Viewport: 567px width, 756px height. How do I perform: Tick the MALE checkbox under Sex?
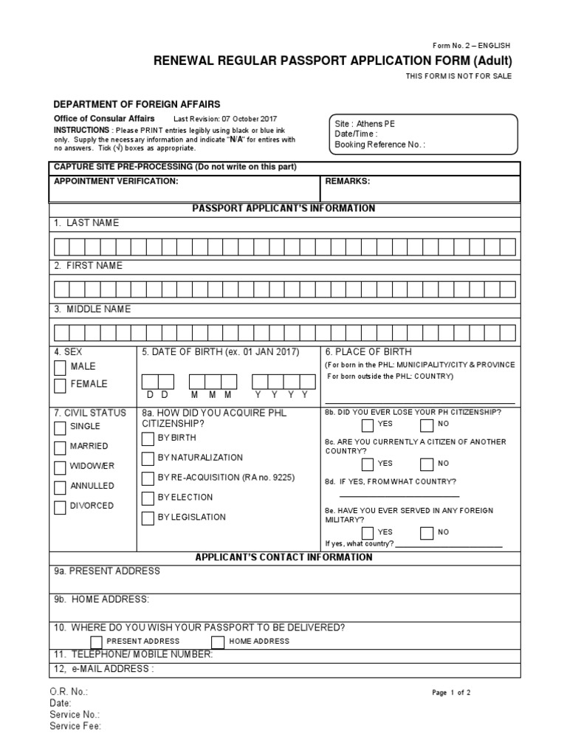tap(60, 367)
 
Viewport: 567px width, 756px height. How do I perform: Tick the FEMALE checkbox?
tap(60, 385)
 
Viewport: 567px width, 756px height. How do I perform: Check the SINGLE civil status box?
tap(60, 427)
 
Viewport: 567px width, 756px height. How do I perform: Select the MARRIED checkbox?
tap(60, 447)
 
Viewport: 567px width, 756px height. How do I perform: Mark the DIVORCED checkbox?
tap(60, 507)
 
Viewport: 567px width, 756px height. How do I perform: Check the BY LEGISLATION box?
tap(148, 518)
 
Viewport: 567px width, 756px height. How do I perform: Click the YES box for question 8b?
tap(368, 425)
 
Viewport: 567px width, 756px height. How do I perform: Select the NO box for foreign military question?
tap(426, 533)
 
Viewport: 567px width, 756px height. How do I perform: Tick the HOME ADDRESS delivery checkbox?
tap(218, 642)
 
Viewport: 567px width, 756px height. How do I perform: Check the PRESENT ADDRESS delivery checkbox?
tap(97, 642)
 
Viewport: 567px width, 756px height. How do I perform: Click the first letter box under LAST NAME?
tap(61, 246)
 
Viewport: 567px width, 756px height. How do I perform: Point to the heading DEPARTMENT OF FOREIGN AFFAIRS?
tap(137, 105)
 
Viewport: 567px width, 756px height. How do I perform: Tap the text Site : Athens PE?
tap(365, 124)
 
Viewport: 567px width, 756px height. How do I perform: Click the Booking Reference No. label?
tap(379, 145)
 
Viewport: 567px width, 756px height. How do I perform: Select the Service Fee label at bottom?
tap(75, 726)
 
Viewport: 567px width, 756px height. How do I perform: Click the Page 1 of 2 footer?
tap(450, 693)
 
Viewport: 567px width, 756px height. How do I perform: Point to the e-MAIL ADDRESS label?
tap(103, 669)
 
